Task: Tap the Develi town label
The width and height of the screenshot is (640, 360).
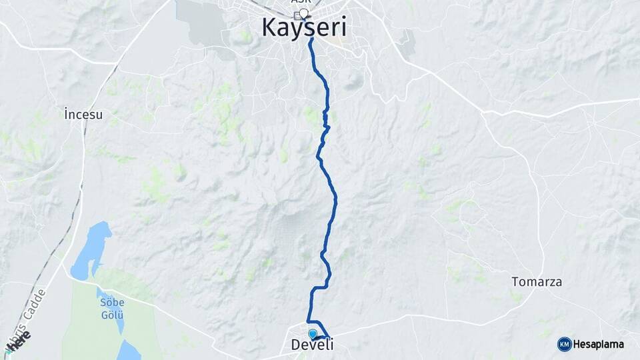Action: (312, 345)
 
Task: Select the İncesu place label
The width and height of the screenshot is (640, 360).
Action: (83, 114)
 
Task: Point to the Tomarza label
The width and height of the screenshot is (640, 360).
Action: (537, 282)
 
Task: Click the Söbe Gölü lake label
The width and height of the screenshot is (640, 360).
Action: (113, 308)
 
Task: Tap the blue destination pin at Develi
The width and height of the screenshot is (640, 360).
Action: (312, 334)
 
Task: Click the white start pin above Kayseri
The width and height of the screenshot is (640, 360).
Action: (304, 13)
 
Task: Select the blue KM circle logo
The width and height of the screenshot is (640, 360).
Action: (564, 344)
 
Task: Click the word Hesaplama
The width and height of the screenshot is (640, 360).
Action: (600, 344)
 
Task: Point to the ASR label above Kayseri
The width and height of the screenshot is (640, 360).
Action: (300, 2)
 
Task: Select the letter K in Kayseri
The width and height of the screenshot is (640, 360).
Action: (269, 28)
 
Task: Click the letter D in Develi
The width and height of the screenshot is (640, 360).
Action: (295, 345)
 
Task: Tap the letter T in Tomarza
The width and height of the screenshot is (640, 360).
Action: (515, 282)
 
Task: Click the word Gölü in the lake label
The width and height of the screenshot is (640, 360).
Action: (113, 314)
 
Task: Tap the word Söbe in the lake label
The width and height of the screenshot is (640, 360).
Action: (113, 302)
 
